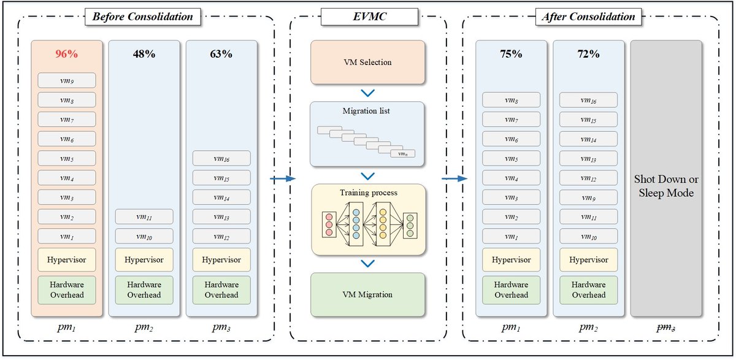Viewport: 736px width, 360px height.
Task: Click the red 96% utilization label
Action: [66, 54]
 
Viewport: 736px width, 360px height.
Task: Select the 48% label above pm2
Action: [144, 54]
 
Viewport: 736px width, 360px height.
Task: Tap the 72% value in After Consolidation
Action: [588, 54]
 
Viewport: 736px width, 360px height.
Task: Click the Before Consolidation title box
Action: [142, 17]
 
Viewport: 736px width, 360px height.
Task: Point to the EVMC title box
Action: [367, 17]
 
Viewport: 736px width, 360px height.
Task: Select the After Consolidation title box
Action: [588, 17]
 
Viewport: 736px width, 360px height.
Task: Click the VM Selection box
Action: [367, 62]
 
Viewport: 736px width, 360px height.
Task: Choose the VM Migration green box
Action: [367, 294]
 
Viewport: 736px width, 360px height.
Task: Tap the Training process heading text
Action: [368, 193]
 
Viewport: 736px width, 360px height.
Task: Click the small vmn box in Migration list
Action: [402, 153]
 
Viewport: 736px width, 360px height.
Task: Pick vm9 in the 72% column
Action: [588, 197]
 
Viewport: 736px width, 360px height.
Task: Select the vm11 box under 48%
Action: [144, 216]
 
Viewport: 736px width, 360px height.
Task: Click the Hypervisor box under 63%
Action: [221, 259]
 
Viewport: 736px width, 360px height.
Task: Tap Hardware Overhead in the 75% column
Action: [511, 289]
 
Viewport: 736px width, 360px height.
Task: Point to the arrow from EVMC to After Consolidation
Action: [454, 179]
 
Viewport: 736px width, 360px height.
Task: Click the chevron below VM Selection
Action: [367, 93]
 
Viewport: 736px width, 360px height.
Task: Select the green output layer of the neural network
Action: [409, 224]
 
